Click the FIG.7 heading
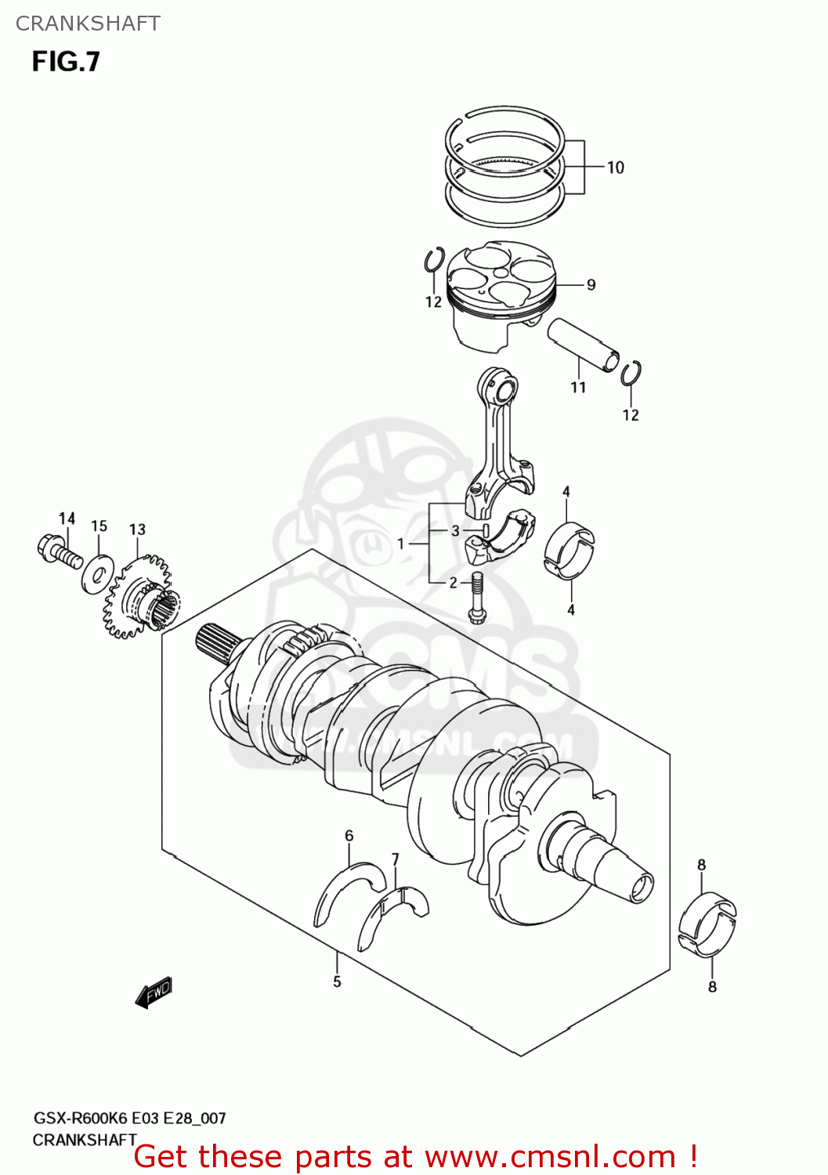point(66,61)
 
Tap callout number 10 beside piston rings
point(615,168)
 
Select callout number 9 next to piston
point(591,285)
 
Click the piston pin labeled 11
point(583,344)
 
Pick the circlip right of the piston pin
point(631,374)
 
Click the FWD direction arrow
point(154,993)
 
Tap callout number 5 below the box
point(337,982)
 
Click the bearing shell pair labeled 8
point(707,925)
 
